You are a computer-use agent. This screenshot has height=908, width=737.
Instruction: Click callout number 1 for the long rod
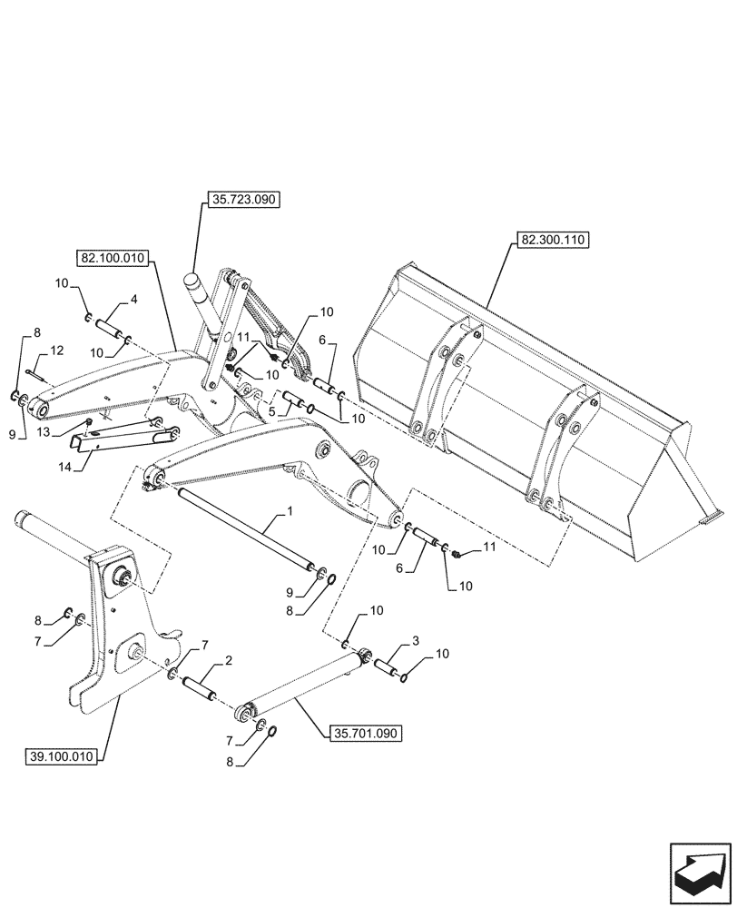(x=290, y=514)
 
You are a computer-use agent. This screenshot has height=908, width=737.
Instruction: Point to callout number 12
(x=56, y=350)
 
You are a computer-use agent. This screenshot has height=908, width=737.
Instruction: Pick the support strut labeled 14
(x=118, y=437)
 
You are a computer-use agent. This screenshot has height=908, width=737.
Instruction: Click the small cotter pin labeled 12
(x=36, y=369)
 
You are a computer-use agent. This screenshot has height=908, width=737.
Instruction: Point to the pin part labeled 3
(x=389, y=672)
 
